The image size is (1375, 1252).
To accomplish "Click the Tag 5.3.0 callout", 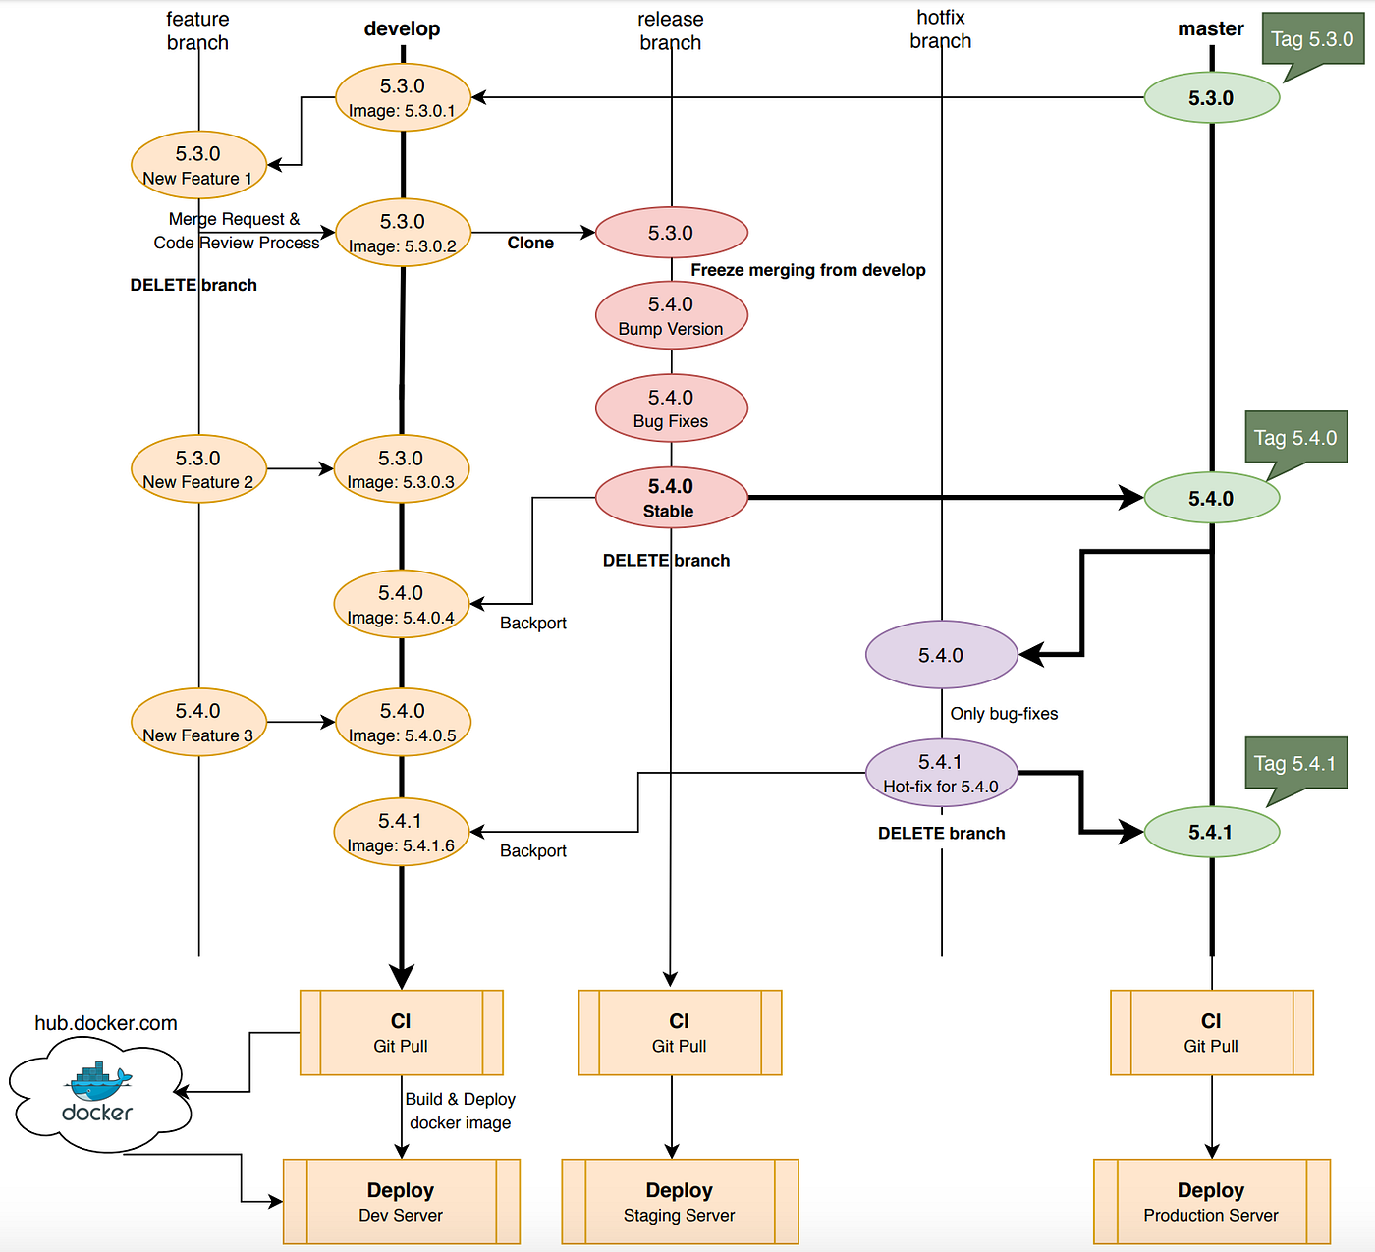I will coord(1312,39).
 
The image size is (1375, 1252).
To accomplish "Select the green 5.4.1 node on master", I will coord(1211,832).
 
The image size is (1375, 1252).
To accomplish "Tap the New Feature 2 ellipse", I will coord(198,469).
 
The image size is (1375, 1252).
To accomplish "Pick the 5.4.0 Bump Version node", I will coord(671,315).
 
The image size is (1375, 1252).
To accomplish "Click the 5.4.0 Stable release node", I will coord(671,498).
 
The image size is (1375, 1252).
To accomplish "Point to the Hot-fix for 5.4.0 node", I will coord(941,773).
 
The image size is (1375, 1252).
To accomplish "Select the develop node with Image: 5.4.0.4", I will coord(401,604).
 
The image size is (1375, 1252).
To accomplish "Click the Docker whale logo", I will coord(98,1082).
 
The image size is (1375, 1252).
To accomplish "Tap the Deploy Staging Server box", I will coord(680,1201).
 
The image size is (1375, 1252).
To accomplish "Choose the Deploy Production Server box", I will coord(1211,1201).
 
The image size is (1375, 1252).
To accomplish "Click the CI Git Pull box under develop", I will coord(401,1032).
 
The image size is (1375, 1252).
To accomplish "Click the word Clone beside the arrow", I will coord(530,243).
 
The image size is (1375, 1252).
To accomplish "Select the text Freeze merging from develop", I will coord(807,270).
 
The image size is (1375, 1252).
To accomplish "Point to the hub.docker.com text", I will coord(106,1023).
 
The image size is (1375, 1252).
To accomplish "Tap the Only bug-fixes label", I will coord(1004,714).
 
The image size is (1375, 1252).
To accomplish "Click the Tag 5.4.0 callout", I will coord(1295,438).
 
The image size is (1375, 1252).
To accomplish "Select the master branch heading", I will coord(1211,28).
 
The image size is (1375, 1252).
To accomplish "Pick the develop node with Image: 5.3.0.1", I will coord(403,97).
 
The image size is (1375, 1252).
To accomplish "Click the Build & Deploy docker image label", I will coord(460,1111).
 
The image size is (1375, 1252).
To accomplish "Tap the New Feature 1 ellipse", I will coord(198,165).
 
